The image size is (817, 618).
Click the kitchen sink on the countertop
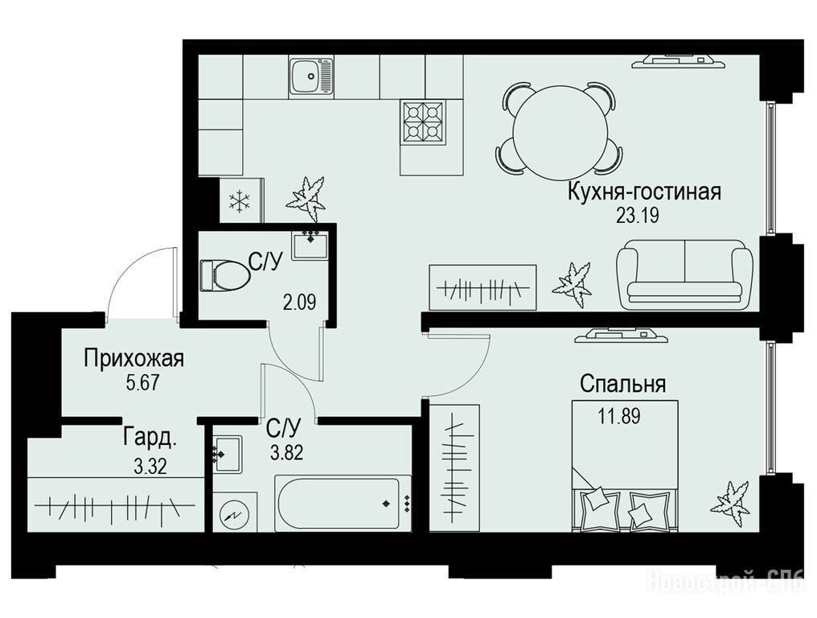point(310,76)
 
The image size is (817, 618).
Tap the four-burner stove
point(423,122)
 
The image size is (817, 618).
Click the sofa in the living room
point(685,274)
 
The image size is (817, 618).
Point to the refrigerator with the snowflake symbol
point(242,200)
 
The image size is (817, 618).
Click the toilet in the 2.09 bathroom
point(224,275)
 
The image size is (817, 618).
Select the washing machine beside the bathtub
point(235,513)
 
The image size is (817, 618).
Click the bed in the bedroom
point(626,466)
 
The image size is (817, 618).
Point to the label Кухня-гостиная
point(645,192)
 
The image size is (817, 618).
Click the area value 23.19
point(637,215)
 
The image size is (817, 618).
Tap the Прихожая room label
point(134,359)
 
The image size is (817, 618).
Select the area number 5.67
point(142,383)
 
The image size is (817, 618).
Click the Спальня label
point(623,385)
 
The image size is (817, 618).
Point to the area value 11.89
point(619,417)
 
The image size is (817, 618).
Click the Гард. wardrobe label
point(150,438)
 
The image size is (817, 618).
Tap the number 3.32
point(150,466)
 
